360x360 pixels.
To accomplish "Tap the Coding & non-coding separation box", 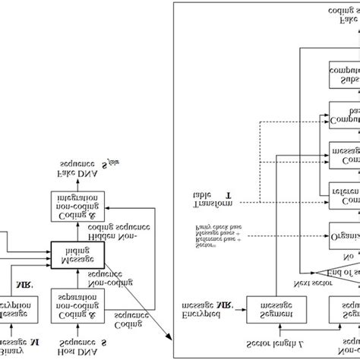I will point(76,302).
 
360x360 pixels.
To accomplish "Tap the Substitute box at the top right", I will point(345,74).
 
